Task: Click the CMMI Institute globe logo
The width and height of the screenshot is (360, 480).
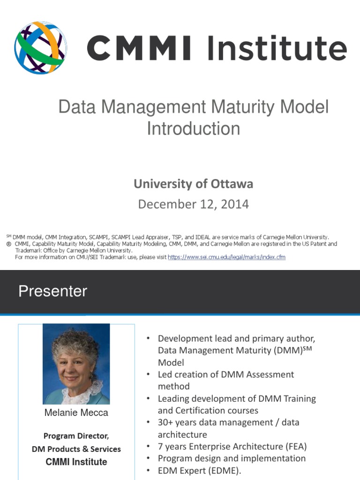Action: (40, 47)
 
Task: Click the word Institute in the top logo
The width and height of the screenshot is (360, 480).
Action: (275, 48)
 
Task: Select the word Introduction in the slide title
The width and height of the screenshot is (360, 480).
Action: (193, 128)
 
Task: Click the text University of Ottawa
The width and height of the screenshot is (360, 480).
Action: (193, 184)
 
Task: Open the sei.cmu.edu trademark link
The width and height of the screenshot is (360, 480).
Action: (226, 257)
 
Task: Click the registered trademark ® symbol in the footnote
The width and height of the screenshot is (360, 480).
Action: (8, 244)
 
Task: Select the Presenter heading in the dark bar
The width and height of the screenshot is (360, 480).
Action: (52, 292)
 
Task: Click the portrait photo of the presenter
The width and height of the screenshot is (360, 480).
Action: (76, 364)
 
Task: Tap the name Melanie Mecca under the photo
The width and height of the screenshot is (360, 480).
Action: (76, 413)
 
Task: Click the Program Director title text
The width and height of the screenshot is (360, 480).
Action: (76, 436)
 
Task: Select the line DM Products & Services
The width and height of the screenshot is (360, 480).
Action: (76, 449)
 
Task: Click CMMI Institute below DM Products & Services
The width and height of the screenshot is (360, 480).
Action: (76, 462)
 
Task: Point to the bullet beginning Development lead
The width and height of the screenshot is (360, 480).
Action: (236, 338)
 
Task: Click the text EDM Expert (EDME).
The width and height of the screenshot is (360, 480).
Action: (199, 471)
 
